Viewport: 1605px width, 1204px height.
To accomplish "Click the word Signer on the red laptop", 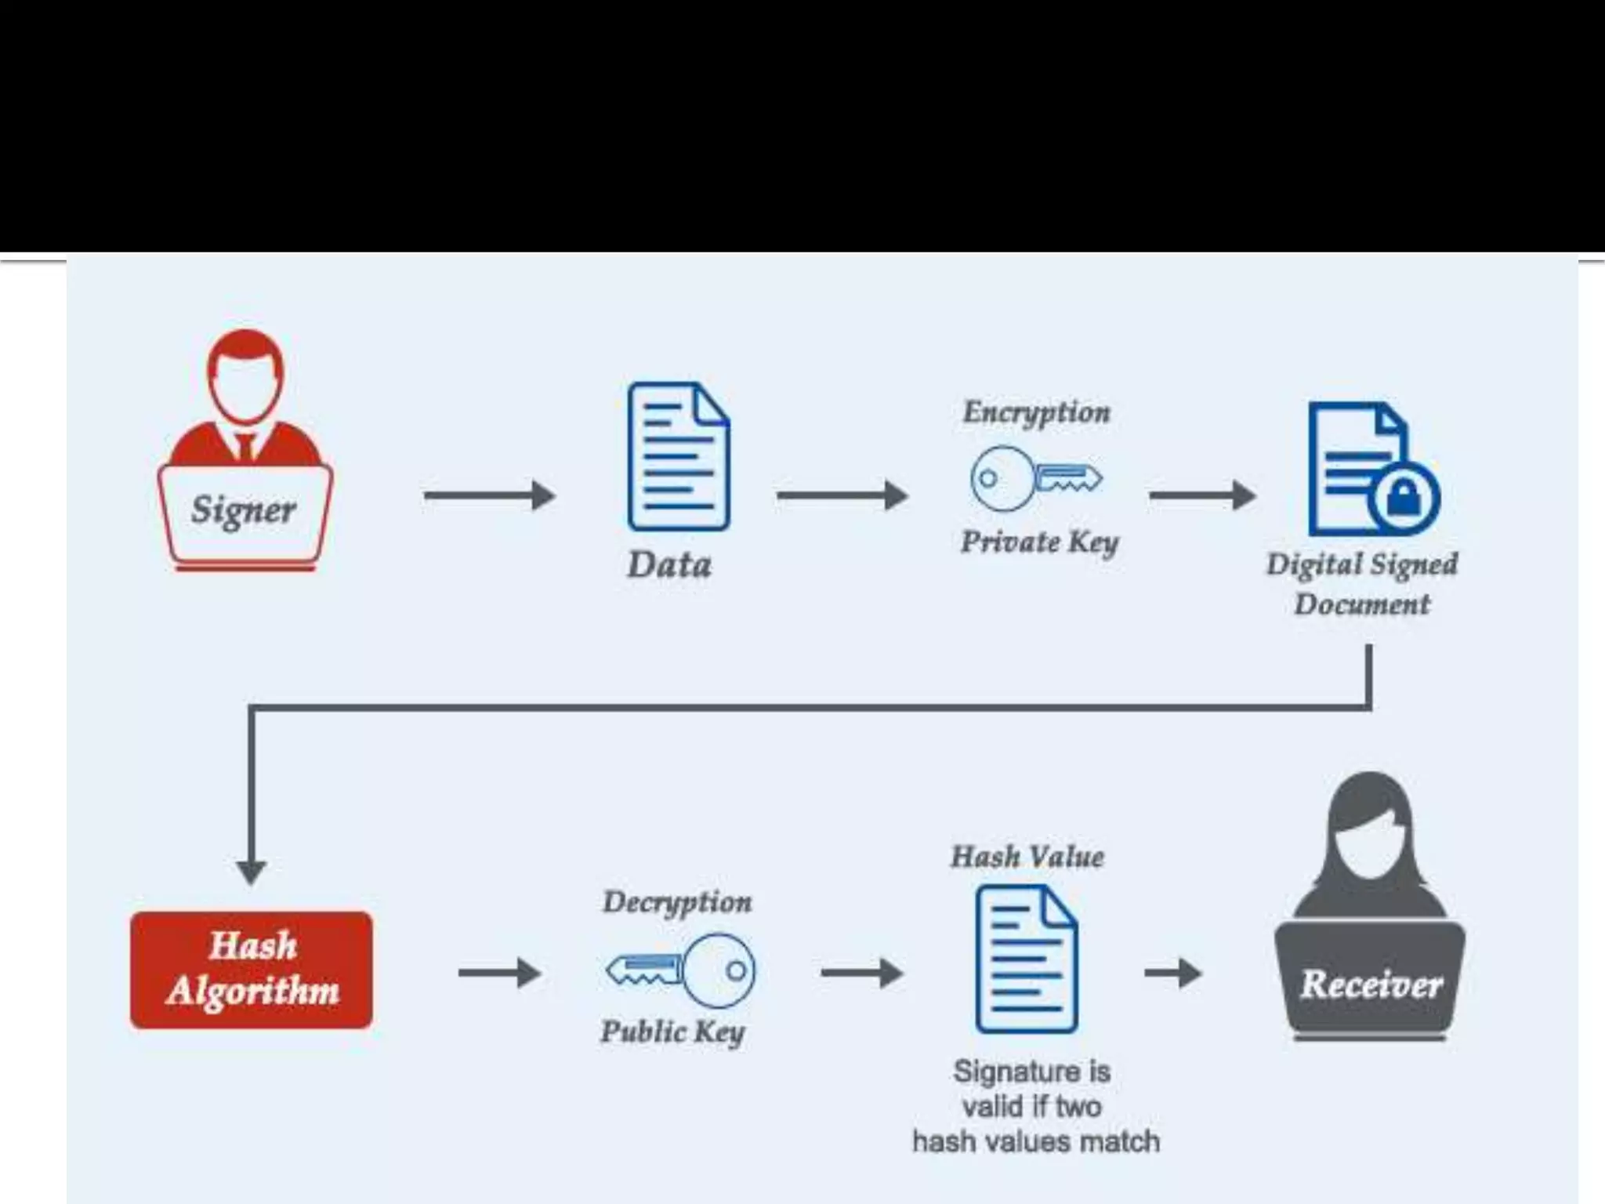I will [244, 510].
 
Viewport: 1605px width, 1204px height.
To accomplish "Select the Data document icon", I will [679, 457].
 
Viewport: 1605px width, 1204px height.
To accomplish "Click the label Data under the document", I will [669, 565].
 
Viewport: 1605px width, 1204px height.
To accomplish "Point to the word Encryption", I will [1036, 412].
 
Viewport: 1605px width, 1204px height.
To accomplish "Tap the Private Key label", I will [1039, 542].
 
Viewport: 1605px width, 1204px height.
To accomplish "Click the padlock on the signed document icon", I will [1404, 498].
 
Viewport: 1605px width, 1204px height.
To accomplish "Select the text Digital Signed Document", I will [1362, 584].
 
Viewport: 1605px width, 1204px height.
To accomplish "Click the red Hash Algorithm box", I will [252, 970].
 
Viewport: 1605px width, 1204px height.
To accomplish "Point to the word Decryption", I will [677, 902].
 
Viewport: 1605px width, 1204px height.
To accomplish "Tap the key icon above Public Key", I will [680, 970].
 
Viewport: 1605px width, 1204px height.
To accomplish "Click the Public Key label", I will [672, 1032].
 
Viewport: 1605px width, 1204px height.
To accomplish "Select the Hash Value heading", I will [1027, 857].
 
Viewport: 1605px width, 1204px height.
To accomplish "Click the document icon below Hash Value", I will [1027, 959].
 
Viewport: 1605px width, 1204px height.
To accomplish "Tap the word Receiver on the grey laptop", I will [1371, 985].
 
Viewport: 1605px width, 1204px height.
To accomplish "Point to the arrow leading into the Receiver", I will [1172, 974].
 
